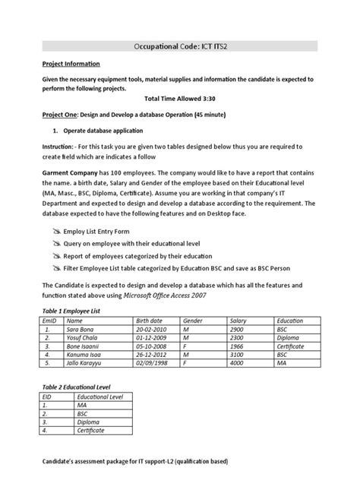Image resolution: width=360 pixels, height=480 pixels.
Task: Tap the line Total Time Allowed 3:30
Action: coord(180,98)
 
